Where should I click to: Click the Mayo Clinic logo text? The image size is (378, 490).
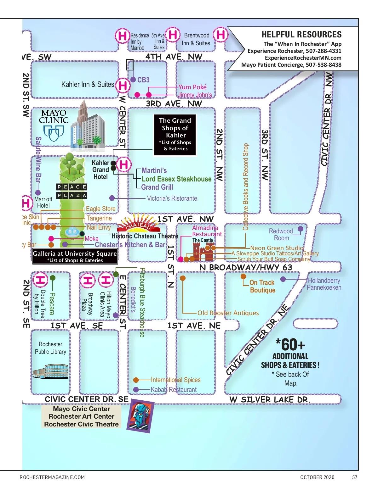click(54, 116)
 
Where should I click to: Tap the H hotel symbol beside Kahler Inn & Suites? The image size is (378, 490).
click(123, 85)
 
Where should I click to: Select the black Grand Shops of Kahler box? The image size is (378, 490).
click(175, 135)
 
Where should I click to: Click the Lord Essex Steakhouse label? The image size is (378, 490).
click(176, 179)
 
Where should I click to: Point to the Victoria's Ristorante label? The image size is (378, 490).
click(172, 198)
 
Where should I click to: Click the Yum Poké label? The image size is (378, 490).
click(192, 87)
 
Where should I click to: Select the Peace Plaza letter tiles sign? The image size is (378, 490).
click(72, 191)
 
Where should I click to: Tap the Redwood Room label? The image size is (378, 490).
click(281, 235)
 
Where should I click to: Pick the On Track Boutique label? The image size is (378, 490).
click(262, 286)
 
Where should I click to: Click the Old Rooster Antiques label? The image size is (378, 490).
click(228, 313)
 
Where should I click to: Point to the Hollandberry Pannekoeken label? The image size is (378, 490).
click(324, 284)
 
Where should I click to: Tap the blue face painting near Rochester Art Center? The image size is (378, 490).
click(140, 415)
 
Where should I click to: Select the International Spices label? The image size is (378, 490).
click(175, 380)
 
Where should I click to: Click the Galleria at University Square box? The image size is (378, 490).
click(75, 256)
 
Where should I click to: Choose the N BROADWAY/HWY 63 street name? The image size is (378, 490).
click(246, 267)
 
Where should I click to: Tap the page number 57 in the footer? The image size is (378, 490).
click(355, 477)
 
